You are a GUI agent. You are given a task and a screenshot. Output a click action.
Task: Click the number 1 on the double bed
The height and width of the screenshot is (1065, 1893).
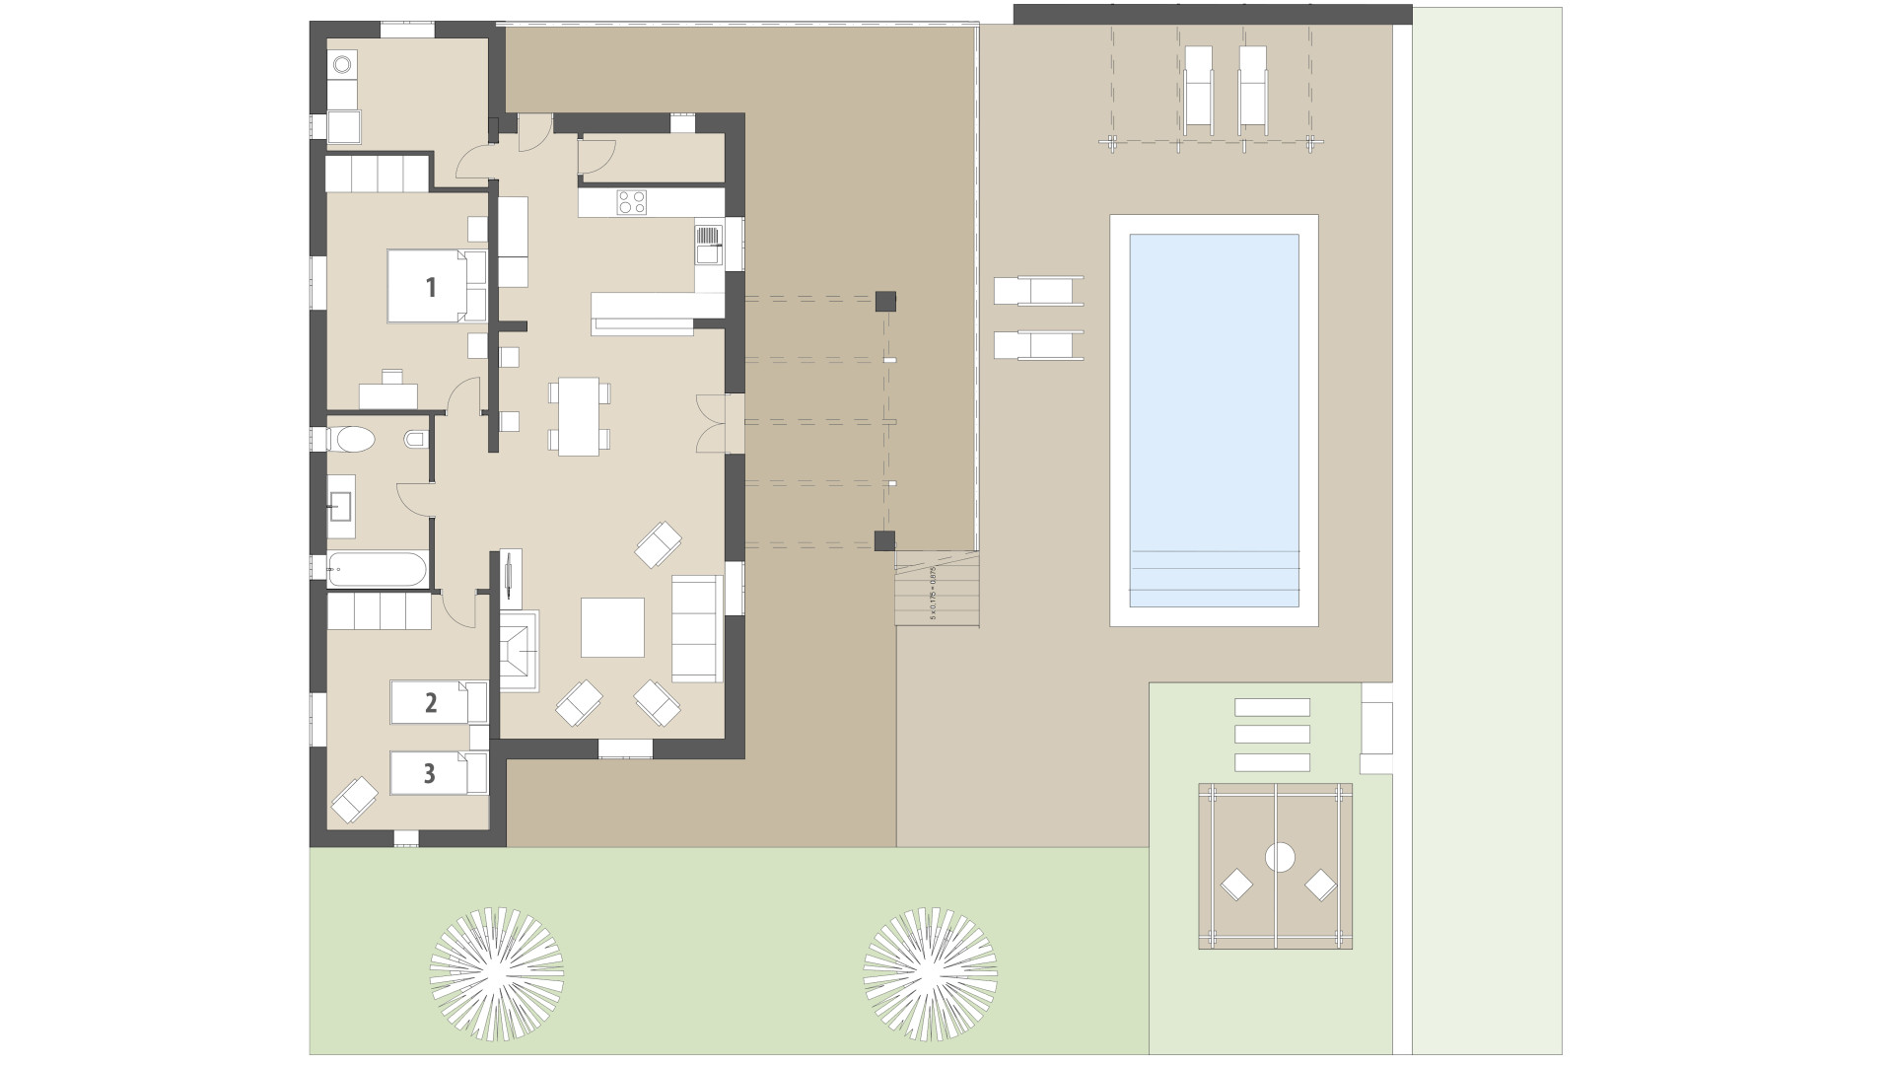click(x=430, y=287)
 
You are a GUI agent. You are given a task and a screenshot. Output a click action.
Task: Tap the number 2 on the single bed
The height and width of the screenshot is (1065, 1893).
click(x=430, y=703)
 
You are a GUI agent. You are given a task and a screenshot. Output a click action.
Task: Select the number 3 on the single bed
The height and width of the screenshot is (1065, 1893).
click(x=429, y=773)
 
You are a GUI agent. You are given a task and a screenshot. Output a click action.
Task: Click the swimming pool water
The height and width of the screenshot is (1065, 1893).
click(x=1214, y=394)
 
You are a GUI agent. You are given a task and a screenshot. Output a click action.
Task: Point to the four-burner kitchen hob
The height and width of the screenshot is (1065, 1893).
click(x=631, y=202)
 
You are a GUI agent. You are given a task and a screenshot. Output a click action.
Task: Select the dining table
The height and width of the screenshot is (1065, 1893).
click(x=579, y=416)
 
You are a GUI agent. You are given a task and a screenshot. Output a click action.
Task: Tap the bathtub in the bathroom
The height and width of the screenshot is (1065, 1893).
click(x=378, y=569)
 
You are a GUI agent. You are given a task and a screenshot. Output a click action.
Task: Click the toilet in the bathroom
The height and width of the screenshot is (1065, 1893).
click(x=351, y=439)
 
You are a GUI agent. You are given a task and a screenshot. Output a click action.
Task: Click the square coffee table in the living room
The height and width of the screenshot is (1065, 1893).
click(x=612, y=627)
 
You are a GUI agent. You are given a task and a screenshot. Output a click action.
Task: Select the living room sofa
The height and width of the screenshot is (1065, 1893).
click(x=697, y=628)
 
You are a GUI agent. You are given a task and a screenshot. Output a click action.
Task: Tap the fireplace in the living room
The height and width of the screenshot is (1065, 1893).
click(x=520, y=651)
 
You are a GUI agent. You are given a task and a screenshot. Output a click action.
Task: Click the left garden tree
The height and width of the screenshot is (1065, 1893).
click(x=497, y=969)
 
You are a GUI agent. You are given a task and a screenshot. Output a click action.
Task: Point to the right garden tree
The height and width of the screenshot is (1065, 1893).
click(x=930, y=969)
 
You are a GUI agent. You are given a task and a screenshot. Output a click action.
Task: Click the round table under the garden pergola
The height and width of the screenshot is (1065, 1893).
click(x=1280, y=858)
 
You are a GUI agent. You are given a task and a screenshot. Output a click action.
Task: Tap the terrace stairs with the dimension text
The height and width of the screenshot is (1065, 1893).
click(x=938, y=589)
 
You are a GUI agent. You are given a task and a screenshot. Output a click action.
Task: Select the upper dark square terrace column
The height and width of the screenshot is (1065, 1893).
click(x=884, y=301)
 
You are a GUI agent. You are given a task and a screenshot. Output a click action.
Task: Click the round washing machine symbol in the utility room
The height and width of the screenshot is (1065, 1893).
click(x=341, y=65)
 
